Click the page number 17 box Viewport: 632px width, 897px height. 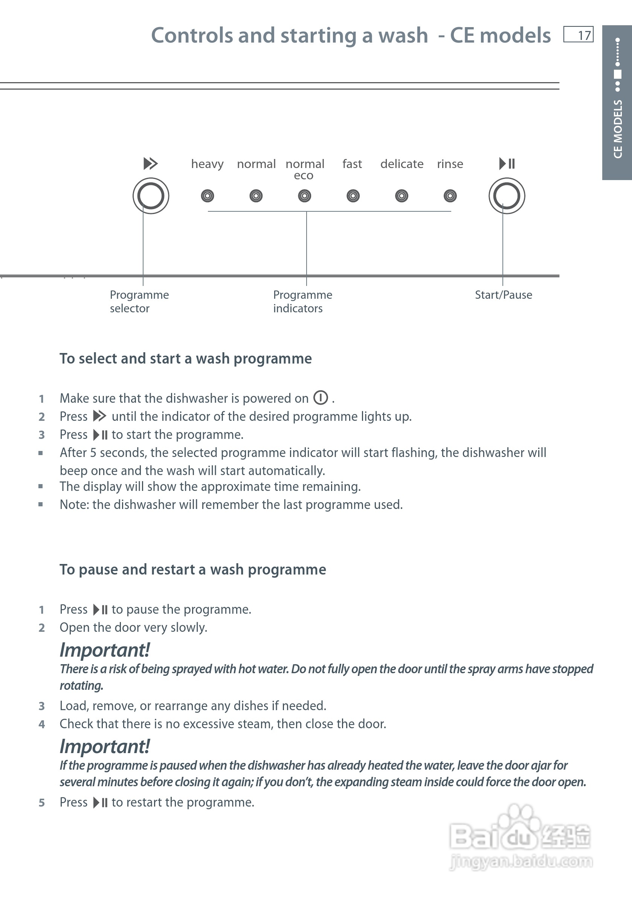click(x=578, y=34)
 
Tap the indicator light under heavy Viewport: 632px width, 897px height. click(x=208, y=196)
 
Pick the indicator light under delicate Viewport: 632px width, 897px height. click(x=401, y=196)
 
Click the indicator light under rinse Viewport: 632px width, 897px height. click(x=450, y=196)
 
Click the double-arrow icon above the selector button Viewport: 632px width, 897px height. click(x=150, y=163)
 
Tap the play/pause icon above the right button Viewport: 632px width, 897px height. click(x=507, y=163)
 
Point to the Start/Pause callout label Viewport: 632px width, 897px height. click(x=503, y=295)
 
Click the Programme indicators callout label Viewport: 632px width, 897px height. click(x=302, y=301)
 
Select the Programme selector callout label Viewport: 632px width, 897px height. click(x=139, y=301)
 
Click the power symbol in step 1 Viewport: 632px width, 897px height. click(x=321, y=398)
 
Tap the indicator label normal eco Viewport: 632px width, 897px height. click(x=305, y=169)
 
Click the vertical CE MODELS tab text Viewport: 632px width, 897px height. click(x=618, y=129)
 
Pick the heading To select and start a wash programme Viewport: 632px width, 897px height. click(x=186, y=359)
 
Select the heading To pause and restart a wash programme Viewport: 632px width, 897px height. click(x=192, y=570)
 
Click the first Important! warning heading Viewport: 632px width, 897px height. click(x=105, y=651)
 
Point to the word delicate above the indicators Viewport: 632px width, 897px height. click(x=401, y=164)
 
